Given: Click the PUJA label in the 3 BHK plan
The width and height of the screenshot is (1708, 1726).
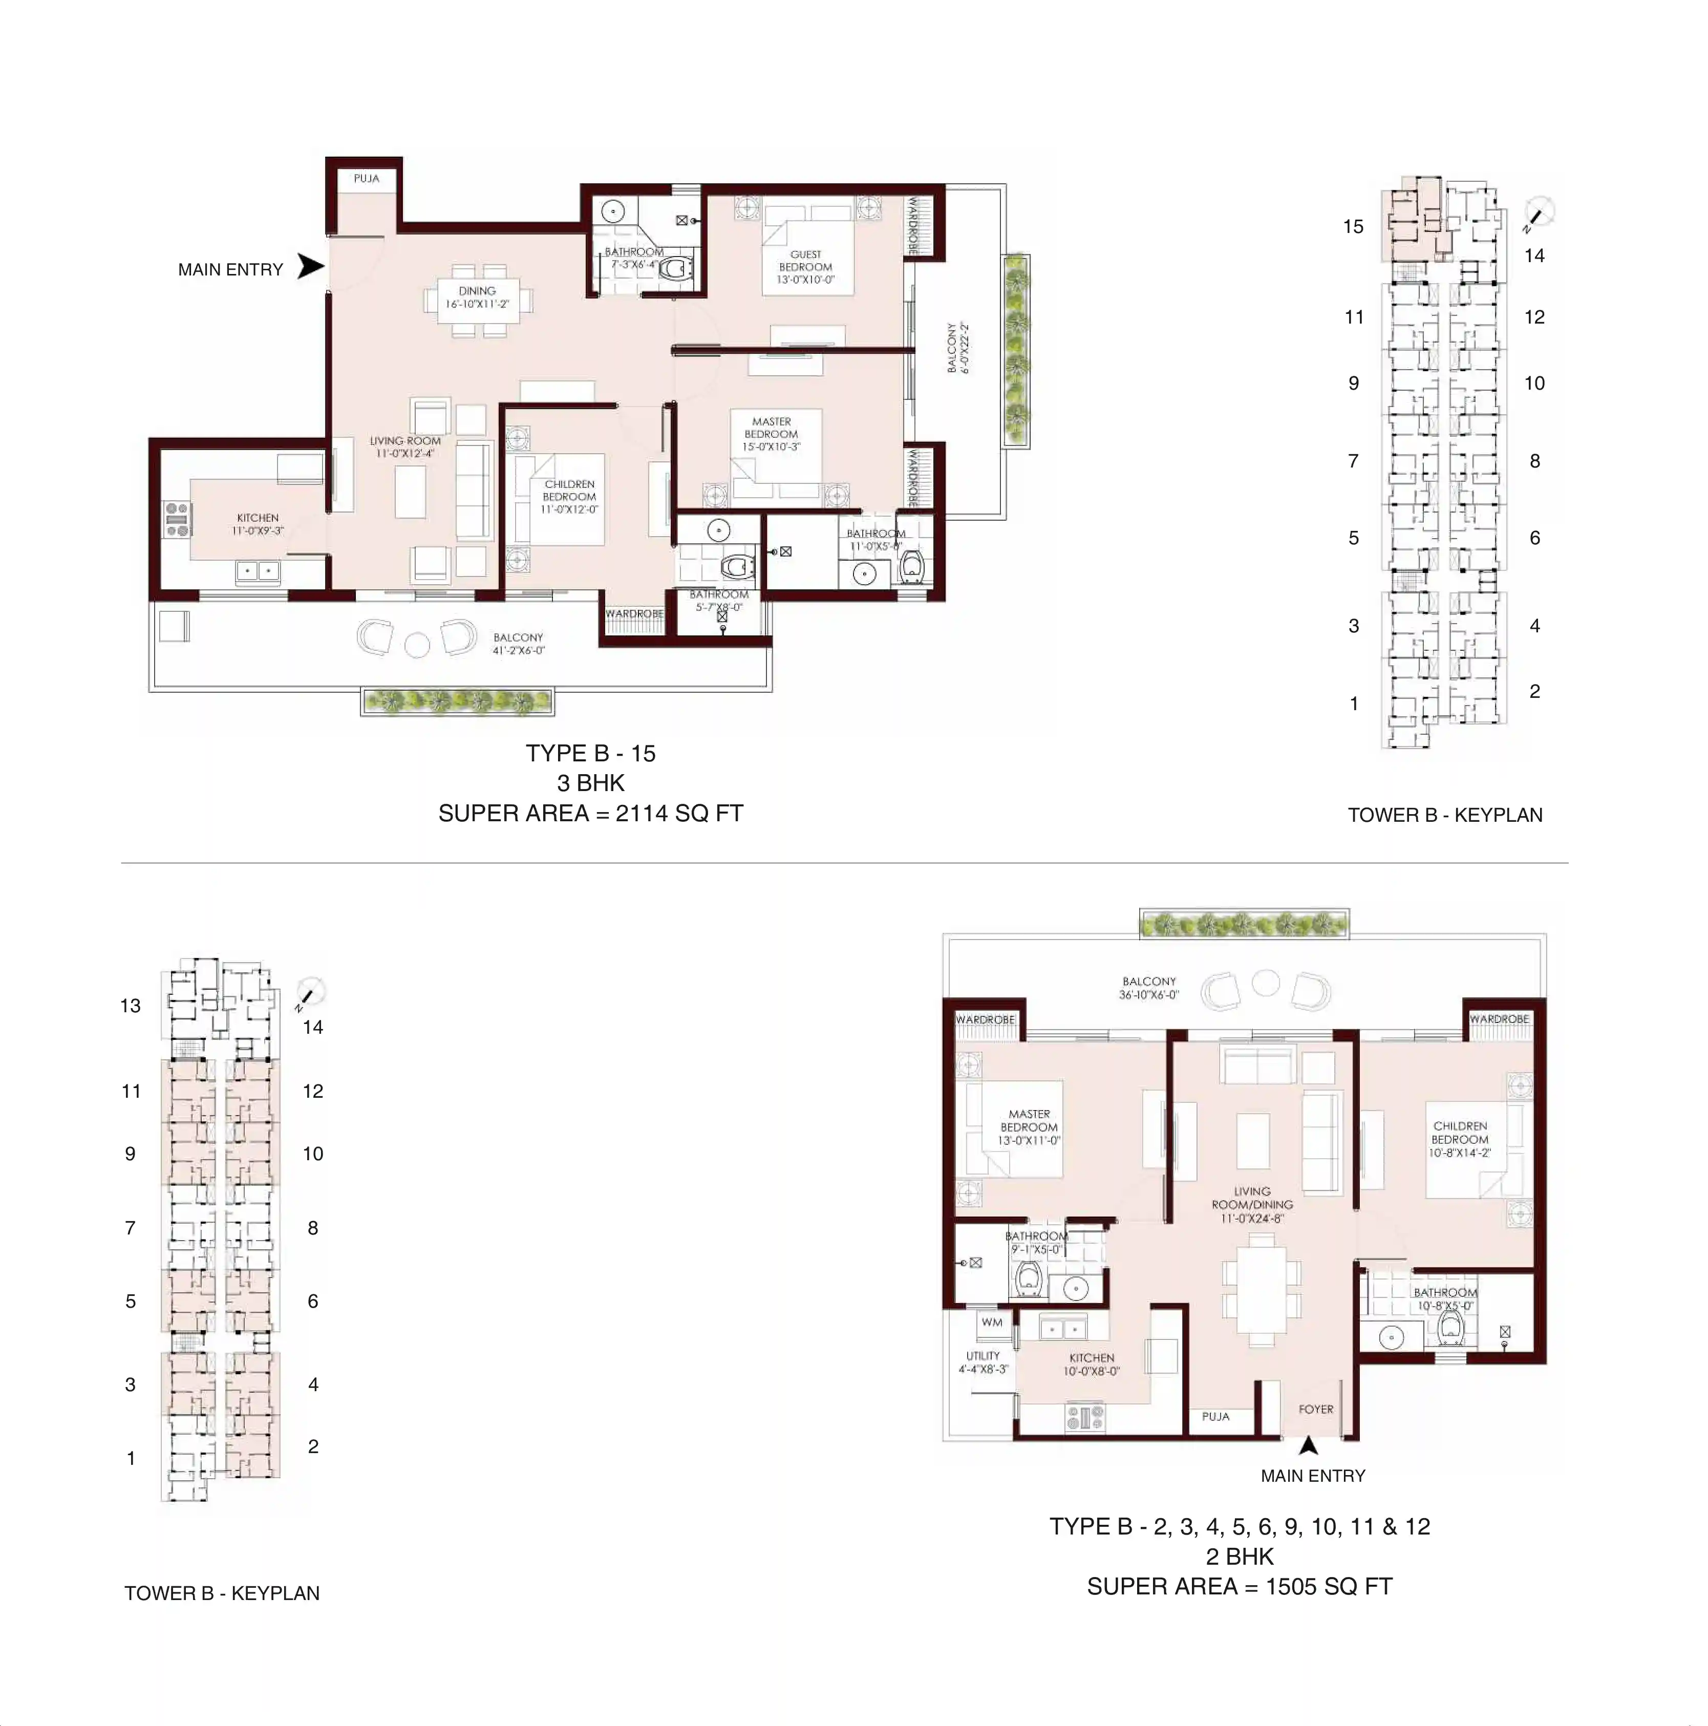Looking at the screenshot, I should click(x=366, y=179).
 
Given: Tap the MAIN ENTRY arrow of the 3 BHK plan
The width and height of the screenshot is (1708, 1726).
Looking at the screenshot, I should click(x=310, y=266).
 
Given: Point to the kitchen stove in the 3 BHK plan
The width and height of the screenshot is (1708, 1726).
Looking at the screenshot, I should click(x=177, y=519).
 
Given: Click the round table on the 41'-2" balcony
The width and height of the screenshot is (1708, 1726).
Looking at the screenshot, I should click(x=417, y=644).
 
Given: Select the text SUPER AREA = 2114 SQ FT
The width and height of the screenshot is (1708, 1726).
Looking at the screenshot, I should click(x=590, y=813).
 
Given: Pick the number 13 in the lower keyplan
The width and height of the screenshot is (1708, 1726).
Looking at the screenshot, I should click(x=131, y=1006).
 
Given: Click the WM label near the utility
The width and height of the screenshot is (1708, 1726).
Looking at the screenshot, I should click(x=992, y=1322).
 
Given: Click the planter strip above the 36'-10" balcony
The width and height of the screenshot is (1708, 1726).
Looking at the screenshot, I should click(x=1244, y=923).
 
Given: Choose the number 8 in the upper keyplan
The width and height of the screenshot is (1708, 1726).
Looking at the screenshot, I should click(x=1535, y=461).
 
